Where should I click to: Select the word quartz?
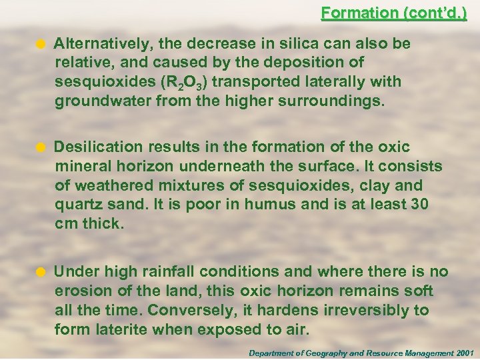pyautogui.click(x=77, y=204)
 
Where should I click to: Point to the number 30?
pyautogui.click(x=419, y=204)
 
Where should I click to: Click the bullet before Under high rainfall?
pyautogui.click(x=41, y=272)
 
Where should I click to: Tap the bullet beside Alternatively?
pyautogui.click(x=41, y=45)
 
